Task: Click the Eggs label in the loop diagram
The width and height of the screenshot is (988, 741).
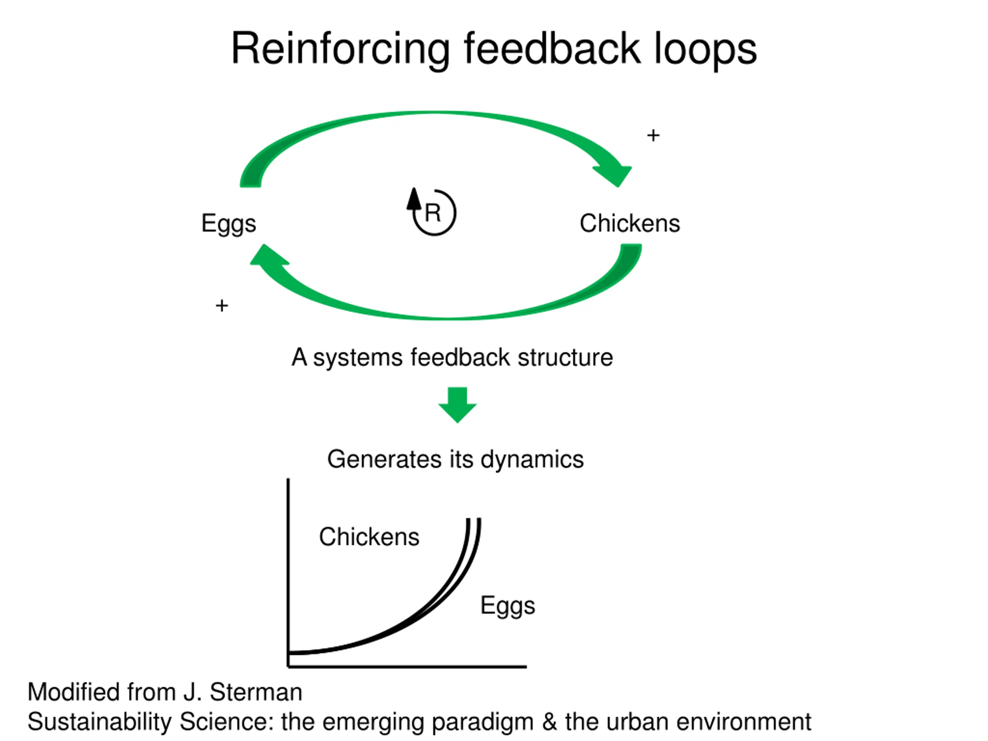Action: point(229,224)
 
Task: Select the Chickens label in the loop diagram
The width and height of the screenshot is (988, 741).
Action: point(630,223)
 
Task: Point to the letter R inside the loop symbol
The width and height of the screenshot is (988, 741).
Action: point(433,213)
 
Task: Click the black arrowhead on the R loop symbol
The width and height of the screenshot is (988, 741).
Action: point(414,199)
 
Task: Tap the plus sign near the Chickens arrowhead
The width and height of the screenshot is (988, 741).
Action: point(653,135)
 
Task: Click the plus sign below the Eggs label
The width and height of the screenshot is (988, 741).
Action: point(222,306)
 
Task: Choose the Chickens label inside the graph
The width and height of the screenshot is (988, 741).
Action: point(369,536)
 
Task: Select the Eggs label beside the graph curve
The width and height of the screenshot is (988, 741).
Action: point(508,606)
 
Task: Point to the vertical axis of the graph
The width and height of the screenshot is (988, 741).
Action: point(288,573)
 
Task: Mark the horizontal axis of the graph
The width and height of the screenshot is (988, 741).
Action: point(407,667)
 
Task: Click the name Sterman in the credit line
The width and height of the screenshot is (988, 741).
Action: point(256,692)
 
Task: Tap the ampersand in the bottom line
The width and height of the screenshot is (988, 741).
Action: point(550,722)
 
